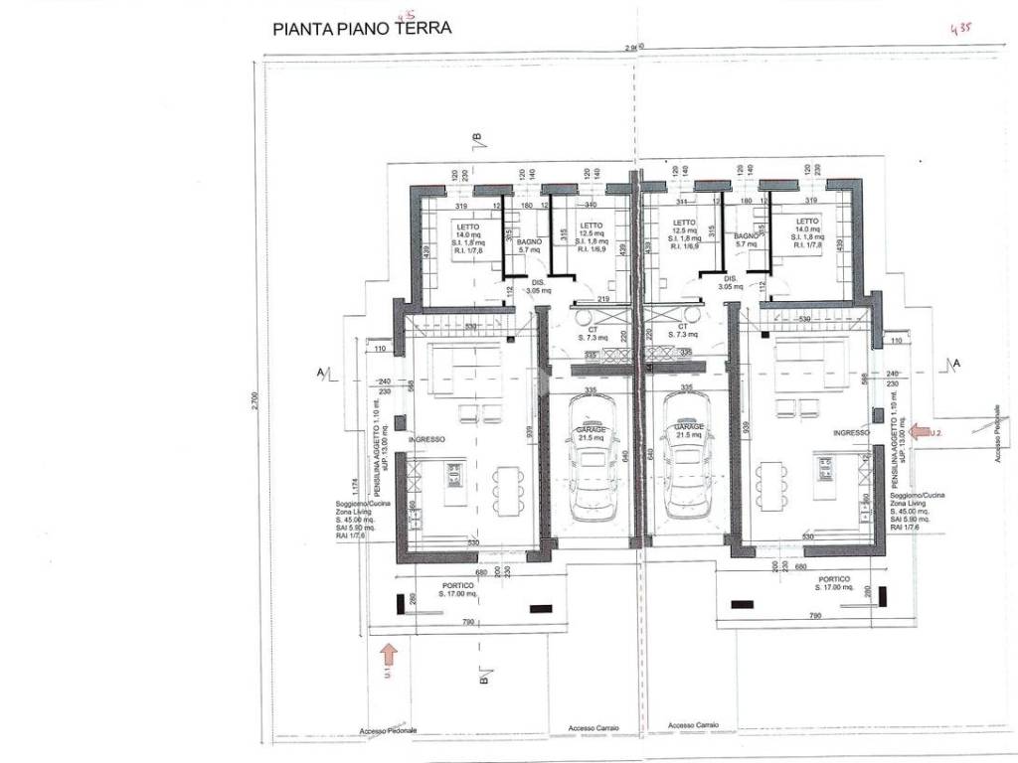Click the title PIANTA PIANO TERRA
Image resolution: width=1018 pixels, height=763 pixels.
362,28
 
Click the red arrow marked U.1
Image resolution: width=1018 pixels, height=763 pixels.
389,652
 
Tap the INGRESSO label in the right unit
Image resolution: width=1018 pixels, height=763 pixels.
852,433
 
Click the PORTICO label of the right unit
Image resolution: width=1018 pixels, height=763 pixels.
833,578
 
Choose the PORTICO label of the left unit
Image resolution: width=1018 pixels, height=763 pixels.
457,586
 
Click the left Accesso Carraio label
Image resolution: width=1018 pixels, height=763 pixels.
594,728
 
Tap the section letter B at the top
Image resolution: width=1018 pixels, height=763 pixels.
477,137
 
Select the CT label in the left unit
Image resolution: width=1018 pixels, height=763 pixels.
592,327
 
